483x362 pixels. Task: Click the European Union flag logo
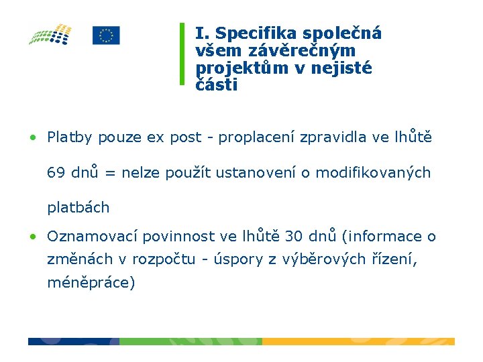point(106,36)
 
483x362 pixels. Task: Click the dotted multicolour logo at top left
point(50,34)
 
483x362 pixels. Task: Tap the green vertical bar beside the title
point(182,54)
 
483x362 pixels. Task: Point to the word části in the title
point(216,85)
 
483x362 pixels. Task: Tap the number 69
point(56,173)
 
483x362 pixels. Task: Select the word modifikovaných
point(373,173)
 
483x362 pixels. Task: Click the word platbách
point(78,208)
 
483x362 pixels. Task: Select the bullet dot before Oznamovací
point(32,237)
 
